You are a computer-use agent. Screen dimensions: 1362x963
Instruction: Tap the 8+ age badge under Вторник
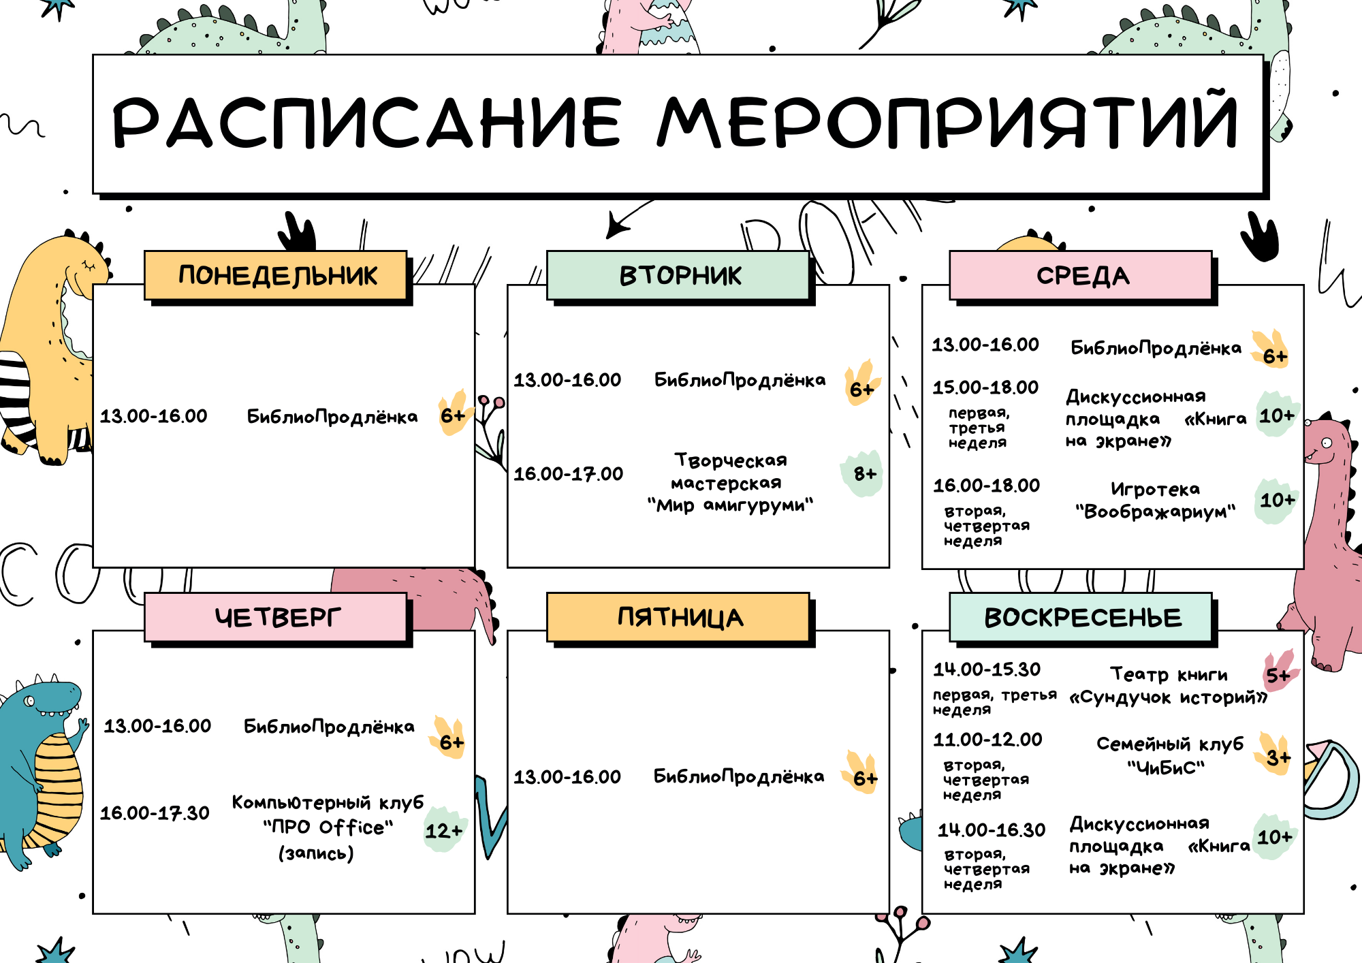tap(864, 473)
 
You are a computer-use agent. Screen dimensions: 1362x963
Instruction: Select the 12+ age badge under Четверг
tap(444, 830)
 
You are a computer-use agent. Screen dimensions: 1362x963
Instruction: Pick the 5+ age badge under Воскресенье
tap(1278, 675)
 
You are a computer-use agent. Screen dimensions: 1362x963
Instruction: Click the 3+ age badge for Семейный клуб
tap(1278, 757)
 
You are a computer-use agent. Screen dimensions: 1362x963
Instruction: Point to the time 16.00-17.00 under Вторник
tap(568, 473)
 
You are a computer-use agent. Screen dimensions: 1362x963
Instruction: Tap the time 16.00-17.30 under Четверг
tap(155, 812)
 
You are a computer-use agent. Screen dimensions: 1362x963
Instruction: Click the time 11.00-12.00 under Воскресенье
tap(987, 739)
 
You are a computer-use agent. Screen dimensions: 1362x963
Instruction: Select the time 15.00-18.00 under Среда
tap(985, 387)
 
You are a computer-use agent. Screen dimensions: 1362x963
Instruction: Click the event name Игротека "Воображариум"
tap(1155, 500)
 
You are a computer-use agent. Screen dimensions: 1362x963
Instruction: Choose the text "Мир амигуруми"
tap(730, 505)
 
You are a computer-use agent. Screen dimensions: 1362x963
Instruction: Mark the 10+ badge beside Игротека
tap(1276, 501)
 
